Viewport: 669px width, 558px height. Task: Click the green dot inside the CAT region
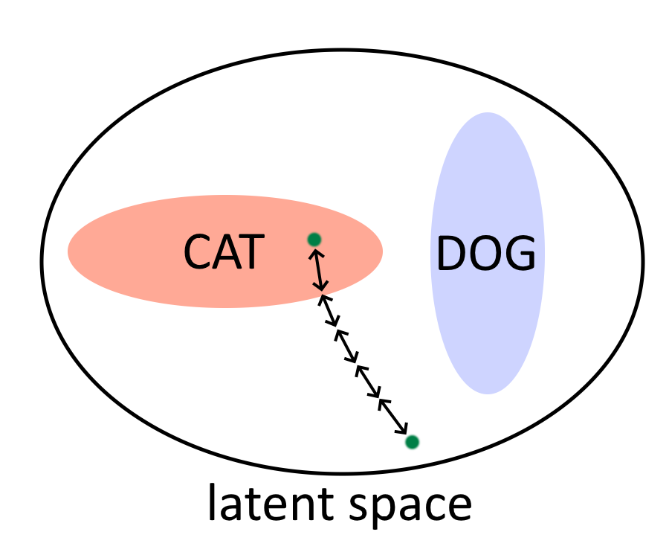point(314,239)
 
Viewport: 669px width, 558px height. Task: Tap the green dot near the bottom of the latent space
point(412,442)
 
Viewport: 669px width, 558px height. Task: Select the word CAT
point(224,252)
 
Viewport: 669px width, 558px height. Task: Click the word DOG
point(485,254)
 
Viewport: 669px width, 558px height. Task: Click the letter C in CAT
point(198,252)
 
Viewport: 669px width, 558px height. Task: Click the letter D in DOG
point(450,254)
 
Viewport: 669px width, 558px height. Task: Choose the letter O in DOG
point(485,254)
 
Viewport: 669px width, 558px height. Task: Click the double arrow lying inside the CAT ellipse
point(319,270)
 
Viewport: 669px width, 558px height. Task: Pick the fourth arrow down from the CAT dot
point(369,381)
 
